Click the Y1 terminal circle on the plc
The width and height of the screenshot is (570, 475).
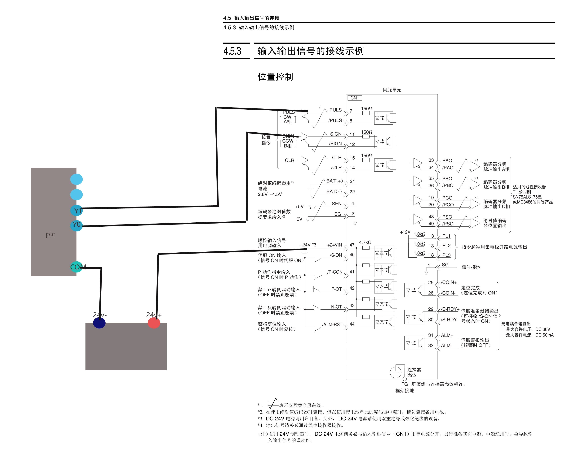(76, 210)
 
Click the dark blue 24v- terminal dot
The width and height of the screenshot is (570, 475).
(99, 323)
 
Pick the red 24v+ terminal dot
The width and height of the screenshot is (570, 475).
(154, 323)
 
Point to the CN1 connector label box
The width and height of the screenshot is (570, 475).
(355, 98)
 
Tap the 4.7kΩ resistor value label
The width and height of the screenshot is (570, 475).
(365, 242)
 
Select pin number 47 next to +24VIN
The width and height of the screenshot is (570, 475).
(352, 245)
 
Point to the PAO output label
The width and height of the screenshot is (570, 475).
(447, 160)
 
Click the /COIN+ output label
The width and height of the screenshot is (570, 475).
(449, 282)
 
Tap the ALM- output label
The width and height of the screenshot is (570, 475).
(446, 345)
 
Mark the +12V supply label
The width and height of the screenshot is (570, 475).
(405, 232)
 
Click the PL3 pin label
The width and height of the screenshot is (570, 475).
(446, 255)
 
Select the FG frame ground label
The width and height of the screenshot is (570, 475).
(404, 384)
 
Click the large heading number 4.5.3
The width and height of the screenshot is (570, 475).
(232, 51)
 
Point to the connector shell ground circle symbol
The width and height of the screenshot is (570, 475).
(396, 372)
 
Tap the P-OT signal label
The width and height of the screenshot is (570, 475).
(336, 289)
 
